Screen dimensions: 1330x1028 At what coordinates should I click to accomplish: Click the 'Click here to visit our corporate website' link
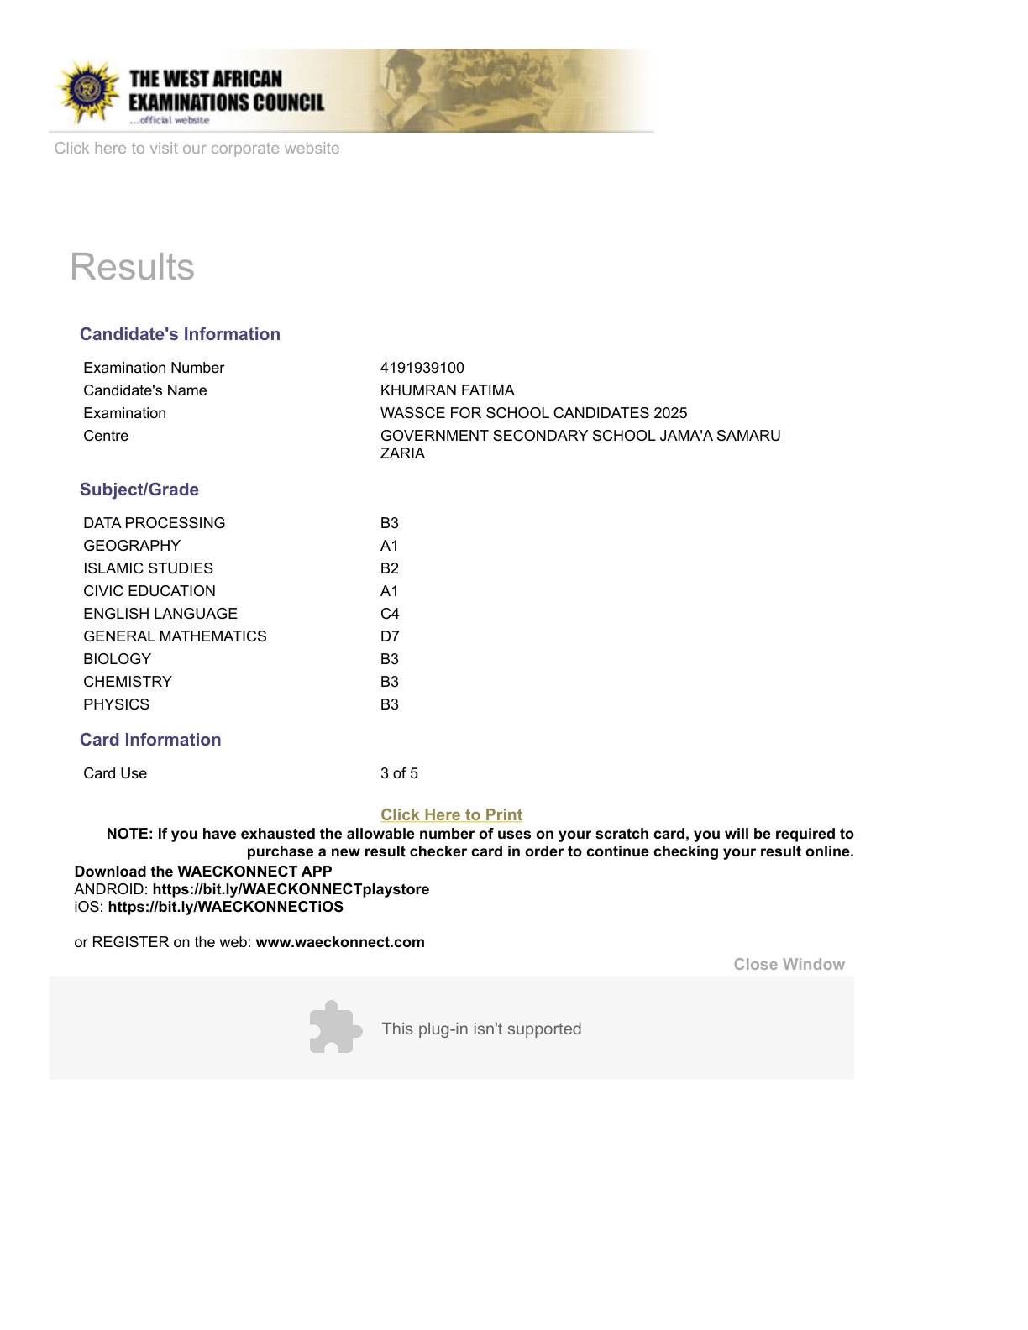197,149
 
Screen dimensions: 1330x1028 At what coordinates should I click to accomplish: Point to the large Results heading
132,267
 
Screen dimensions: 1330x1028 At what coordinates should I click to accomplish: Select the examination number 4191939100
422,368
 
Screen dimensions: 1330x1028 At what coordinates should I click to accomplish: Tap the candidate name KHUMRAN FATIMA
447,390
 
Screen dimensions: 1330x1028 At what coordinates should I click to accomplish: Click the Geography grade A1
389,546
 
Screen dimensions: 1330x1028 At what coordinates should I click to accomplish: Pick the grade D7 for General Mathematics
390,636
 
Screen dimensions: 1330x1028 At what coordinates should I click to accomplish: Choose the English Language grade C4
390,614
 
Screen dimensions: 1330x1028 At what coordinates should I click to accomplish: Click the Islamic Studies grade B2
389,568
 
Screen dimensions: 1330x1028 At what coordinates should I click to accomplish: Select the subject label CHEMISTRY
128,682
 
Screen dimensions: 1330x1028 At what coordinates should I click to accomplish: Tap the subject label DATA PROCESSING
154,523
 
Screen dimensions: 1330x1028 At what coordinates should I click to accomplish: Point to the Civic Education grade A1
389,591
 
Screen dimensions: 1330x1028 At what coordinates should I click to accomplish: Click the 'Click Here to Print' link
451,814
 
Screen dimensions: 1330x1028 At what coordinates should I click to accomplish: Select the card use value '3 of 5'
399,773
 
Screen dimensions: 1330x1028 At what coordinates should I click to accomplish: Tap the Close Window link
789,964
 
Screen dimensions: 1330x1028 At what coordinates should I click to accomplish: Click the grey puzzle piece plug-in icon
335,1027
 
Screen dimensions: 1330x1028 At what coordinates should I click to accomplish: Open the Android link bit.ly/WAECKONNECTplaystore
291,889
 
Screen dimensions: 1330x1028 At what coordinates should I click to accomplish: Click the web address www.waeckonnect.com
340,942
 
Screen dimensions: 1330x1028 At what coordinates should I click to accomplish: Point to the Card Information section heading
150,740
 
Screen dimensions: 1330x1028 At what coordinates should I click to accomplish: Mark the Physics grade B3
389,704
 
